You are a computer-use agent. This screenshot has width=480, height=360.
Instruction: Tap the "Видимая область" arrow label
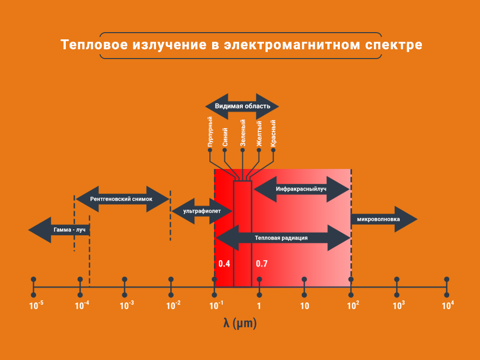click(242, 106)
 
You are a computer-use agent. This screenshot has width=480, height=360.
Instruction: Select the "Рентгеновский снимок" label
click(121, 199)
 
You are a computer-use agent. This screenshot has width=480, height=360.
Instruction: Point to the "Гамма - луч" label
click(70, 229)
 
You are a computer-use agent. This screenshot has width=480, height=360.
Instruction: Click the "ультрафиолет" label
click(202, 211)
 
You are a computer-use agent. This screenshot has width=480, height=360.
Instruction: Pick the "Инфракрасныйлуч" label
click(301, 189)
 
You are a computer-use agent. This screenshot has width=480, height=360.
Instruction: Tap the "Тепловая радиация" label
click(281, 238)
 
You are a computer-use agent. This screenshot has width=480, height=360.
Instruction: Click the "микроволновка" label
click(378, 219)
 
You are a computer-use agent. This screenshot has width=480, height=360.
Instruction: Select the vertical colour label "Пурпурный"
click(210, 132)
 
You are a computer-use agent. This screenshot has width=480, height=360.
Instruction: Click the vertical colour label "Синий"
click(225, 137)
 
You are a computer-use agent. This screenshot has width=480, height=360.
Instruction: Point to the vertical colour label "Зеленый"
click(243, 133)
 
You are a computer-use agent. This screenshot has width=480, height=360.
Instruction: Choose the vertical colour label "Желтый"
click(259, 134)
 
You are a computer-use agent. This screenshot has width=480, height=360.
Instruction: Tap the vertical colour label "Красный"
click(274, 133)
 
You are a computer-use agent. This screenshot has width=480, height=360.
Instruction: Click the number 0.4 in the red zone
click(224, 264)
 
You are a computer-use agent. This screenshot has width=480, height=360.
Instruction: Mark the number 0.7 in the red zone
click(262, 264)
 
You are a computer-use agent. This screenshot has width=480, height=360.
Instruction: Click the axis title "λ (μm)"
click(240, 323)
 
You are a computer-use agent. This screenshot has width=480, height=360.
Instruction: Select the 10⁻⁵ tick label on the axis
click(36, 305)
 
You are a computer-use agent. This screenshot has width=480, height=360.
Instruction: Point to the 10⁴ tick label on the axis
click(448, 305)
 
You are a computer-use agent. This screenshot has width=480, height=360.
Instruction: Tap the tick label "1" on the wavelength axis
click(259, 306)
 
